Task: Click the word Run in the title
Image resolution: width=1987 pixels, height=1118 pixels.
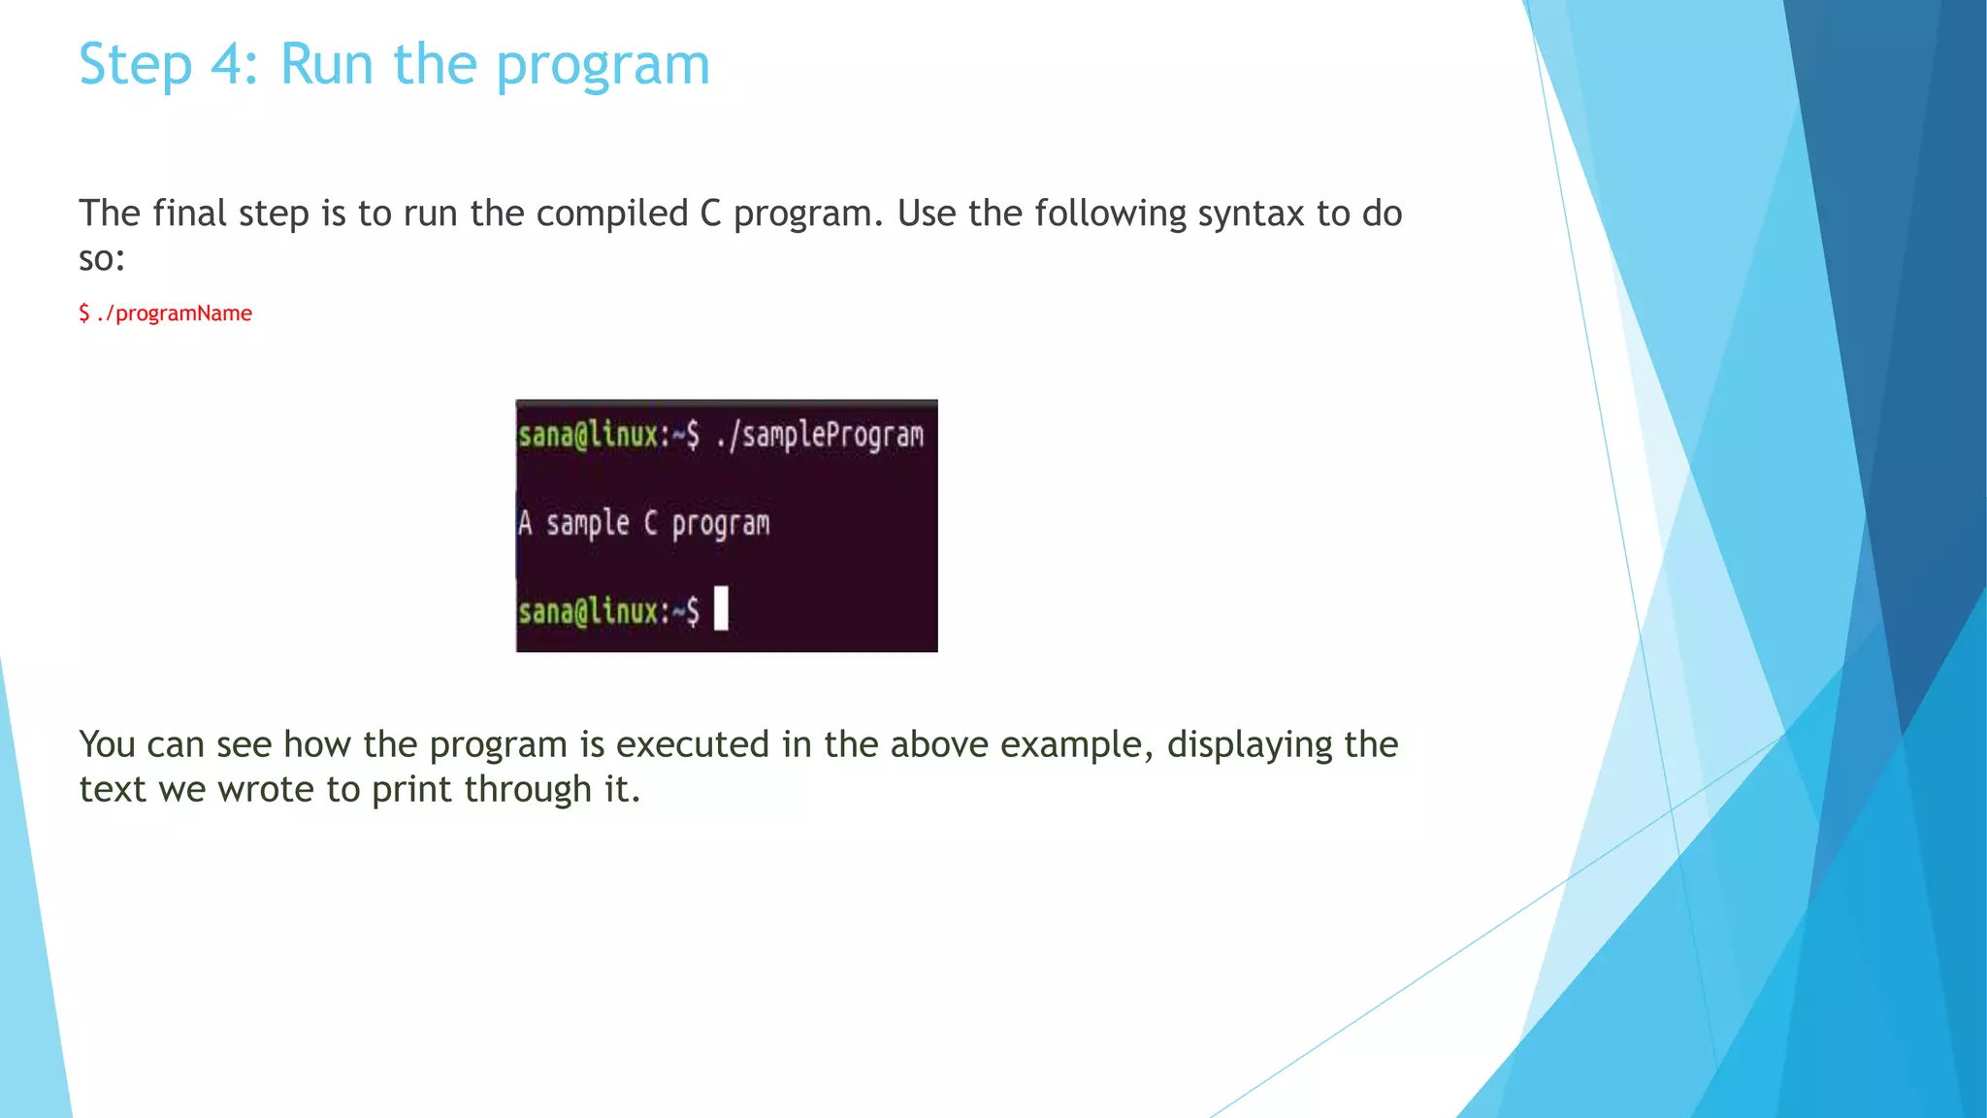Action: tap(326, 65)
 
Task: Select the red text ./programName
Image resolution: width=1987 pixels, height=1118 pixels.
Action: tap(175, 313)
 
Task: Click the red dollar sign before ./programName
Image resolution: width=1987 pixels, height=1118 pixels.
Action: tap(84, 313)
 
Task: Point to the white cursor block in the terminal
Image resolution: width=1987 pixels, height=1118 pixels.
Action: tap(721, 608)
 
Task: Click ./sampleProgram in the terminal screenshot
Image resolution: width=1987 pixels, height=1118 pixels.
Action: tap(820, 435)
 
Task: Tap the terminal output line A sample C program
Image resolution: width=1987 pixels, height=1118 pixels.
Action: tap(644, 524)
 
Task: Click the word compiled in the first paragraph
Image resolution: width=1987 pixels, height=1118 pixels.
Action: tap(612, 214)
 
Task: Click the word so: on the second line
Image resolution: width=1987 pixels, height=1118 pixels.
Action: tap(102, 259)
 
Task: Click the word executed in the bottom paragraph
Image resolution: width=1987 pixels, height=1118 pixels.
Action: tap(693, 744)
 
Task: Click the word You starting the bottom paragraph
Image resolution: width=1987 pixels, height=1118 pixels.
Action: tap(107, 744)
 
